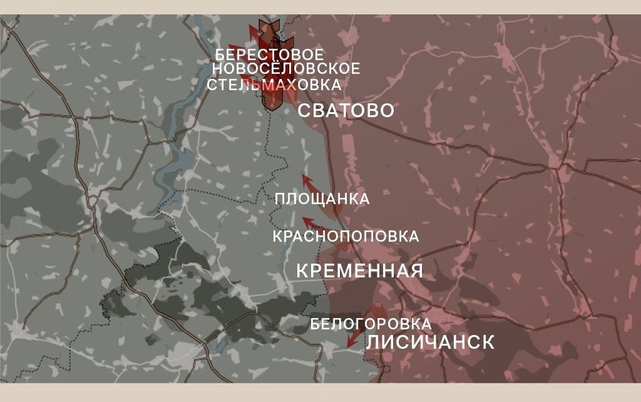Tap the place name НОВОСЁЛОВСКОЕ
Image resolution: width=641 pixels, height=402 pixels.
(286, 68)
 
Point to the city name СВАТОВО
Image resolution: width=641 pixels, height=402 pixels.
(346, 111)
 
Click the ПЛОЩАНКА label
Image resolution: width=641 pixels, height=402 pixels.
(322, 199)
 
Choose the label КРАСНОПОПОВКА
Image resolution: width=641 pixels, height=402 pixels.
(346, 237)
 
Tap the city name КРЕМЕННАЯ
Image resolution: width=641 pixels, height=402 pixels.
(359, 271)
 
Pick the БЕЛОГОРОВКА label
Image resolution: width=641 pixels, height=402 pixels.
(371, 324)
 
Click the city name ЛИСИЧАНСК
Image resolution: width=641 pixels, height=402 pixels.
(430, 343)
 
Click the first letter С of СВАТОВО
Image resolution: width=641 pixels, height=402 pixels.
(303, 111)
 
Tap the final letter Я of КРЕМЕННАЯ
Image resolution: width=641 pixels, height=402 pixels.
(417, 271)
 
